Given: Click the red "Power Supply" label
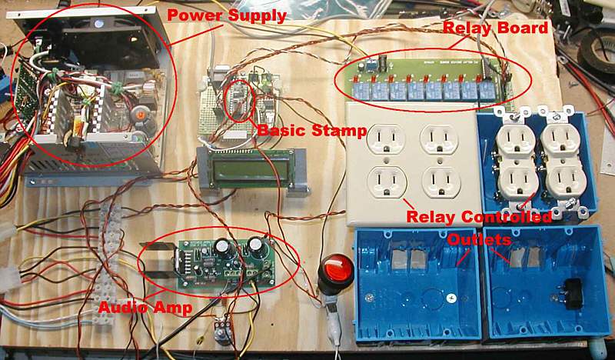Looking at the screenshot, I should click(227, 15).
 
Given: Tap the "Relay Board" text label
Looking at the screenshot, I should click(495, 28).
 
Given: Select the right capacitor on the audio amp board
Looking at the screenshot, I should click(254, 246).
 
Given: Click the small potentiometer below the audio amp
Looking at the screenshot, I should click(222, 333).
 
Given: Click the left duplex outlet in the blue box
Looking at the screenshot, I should click(515, 162).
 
